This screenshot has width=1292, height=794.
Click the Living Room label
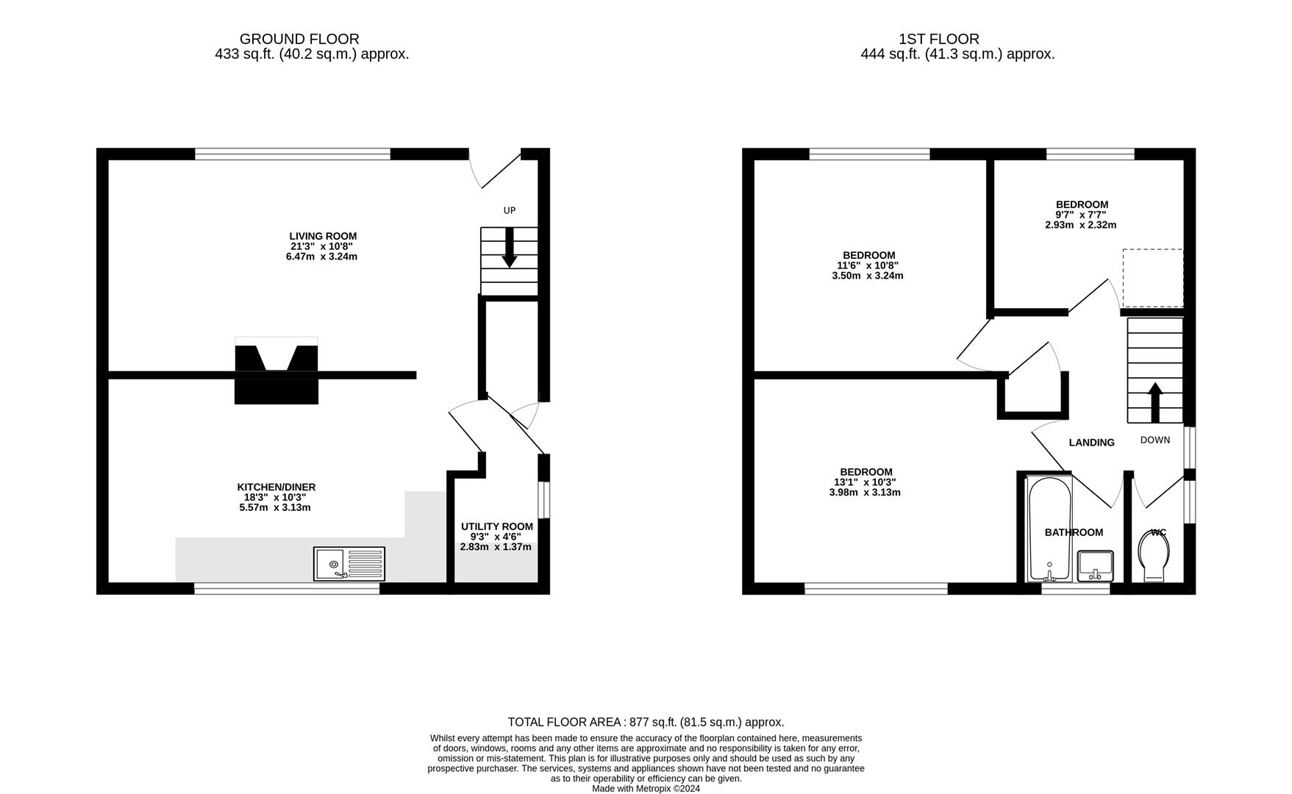point(322,236)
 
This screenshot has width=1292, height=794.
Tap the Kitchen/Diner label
point(276,487)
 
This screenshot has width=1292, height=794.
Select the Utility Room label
point(496,526)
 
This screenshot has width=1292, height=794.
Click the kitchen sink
point(349,564)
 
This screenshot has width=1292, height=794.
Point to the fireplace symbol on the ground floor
point(276,371)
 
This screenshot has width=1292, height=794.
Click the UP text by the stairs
point(509,210)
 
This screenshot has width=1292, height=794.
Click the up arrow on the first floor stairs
point(1154,401)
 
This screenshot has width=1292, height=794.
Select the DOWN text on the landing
point(1154,440)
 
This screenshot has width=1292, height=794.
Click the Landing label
point(1091,443)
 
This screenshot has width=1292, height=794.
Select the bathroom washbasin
point(1095,565)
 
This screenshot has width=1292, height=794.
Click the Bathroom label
point(1074,532)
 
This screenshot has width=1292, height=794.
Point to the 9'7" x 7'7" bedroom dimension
point(1080,215)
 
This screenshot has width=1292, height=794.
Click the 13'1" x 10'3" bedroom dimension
point(865,482)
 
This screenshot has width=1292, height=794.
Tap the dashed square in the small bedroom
point(1152,278)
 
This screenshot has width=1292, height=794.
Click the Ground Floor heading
point(299,39)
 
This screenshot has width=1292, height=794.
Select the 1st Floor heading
point(938,39)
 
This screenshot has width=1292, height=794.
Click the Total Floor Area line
point(646,722)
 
